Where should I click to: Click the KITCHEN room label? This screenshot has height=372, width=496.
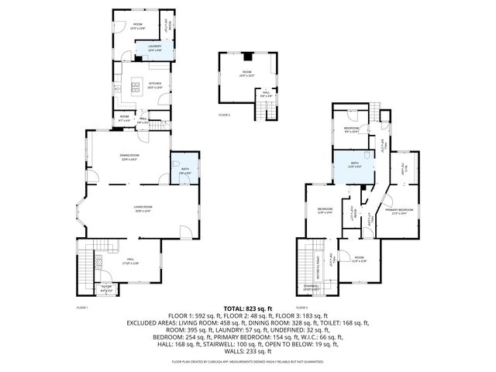pos(154,84)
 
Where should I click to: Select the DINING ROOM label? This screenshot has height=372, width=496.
pos(129,157)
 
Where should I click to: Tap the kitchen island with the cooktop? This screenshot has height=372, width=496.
pos(135,87)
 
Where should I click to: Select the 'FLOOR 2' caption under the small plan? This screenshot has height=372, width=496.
pos(224,115)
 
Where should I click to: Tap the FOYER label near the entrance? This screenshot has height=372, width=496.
pos(107,288)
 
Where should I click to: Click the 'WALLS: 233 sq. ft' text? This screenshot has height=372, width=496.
pos(249,350)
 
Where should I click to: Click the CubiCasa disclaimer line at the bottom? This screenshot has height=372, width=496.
pos(249,361)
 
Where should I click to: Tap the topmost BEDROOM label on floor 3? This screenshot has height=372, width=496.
pos(351,129)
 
